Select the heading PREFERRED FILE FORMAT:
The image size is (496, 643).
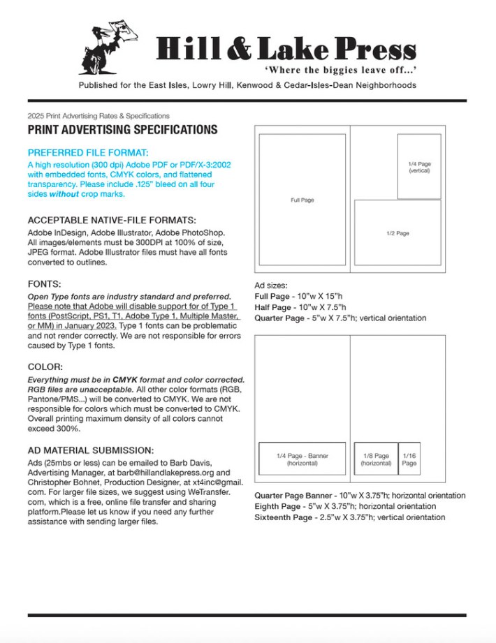pos(88,152)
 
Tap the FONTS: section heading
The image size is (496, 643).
pos(45,284)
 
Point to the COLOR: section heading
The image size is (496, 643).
pos(46,367)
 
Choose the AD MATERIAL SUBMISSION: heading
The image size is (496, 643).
pos(90,450)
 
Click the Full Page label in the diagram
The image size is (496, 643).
pos(302,200)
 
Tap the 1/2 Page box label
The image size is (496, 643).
pos(397,233)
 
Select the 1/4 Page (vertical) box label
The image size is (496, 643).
pos(419,167)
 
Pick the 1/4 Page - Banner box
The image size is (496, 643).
pos(302,459)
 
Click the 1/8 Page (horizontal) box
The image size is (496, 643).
pos(376,459)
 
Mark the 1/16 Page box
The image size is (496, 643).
pos(409,459)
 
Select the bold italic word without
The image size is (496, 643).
pos(64,195)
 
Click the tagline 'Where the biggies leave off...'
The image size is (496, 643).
pos(340,70)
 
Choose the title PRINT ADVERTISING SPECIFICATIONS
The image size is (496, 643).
pos(122,130)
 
